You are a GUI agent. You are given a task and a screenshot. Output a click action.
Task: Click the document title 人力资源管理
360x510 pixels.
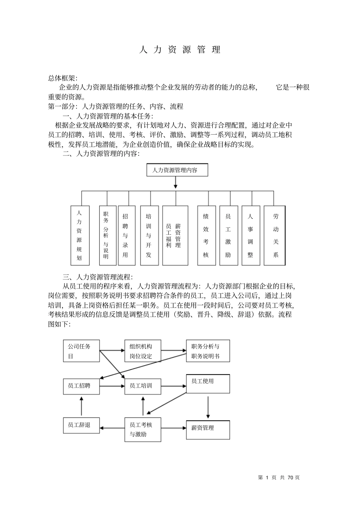[180, 50]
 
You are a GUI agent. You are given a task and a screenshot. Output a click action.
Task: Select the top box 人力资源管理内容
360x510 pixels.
[177, 170]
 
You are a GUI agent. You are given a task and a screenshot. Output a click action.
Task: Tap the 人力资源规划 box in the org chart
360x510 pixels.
[80, 235]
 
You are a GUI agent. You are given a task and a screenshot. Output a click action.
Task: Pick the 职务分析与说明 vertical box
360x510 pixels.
[106, 235]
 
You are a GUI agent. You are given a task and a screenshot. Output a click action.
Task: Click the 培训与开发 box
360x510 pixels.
[149, 235]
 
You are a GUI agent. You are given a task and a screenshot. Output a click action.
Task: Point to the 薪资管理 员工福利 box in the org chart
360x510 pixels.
[175, 235]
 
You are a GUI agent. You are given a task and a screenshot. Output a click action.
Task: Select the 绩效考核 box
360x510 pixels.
[206, 235]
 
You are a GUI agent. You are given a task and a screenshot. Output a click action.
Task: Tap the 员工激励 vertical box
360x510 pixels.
[229, 235]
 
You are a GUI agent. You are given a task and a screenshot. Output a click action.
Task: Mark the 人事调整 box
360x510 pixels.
[250, 235]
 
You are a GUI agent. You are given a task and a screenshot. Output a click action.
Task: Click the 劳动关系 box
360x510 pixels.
[275, 235]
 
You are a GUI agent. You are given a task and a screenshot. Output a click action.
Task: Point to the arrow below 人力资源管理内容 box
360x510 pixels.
[175, 183]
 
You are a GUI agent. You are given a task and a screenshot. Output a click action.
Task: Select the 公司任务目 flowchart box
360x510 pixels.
[81, 351]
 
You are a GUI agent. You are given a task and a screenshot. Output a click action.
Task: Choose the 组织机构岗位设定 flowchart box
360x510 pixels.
[143, 351]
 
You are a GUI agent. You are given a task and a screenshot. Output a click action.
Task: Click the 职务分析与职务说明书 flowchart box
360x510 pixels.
[208, 351]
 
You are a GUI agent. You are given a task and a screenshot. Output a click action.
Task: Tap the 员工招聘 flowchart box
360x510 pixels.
[81, 386]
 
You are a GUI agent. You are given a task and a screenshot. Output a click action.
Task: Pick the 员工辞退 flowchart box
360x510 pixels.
[81, 425]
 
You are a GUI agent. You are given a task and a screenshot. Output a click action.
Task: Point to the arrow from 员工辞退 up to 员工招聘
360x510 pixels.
[81, 406]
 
